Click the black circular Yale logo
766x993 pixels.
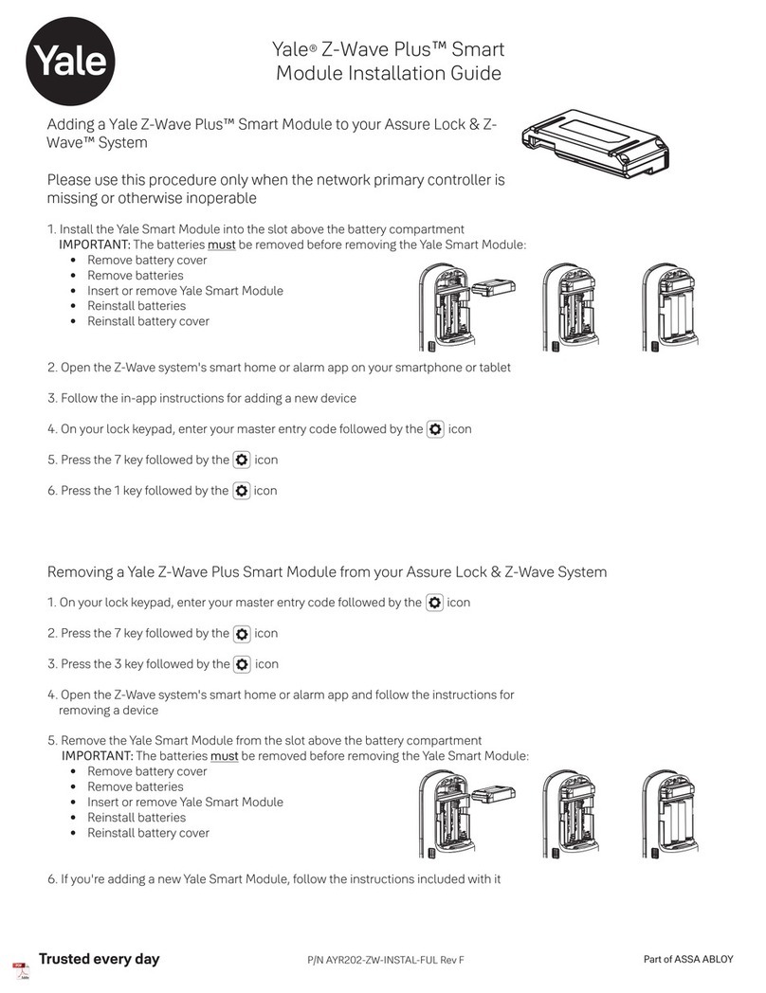(x=72, y=61)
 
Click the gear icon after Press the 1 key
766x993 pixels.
(x=241, y=491)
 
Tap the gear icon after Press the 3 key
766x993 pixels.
(x=241, y=664)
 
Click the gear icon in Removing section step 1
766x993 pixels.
(x=434, y=603)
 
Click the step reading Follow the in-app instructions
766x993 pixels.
(x=201, y=398)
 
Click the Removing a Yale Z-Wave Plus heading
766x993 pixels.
(x=327, y=571)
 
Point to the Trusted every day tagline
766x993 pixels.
(x=99, y=959)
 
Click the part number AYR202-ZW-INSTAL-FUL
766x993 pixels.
(x=385, y=961)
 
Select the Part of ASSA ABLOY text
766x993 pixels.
(x=688, y=959)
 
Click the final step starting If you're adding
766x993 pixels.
(x=274, y=878)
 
